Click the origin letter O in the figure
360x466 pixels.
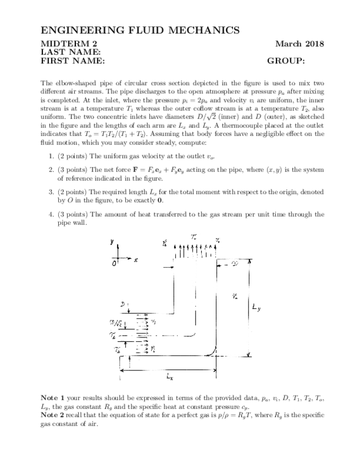114,264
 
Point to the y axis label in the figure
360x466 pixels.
112,242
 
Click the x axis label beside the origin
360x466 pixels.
135,258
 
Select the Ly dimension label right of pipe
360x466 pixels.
256,308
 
